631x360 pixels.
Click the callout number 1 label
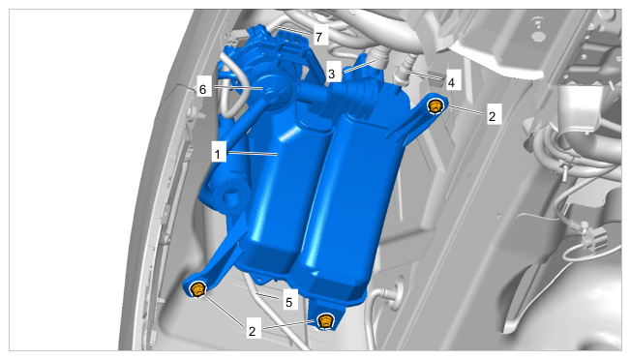pyautogui.click(x=218, y=154)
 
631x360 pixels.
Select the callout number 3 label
pyautogui.click(x=332, y=74)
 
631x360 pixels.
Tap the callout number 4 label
pyautogui.click(x=451, y=82)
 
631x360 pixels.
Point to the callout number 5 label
pyautogui.click(x=289, y=302)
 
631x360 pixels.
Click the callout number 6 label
pyautogui.click(x=203, y=89)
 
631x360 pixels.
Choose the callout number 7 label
pyautogui.click(x=319, y=37)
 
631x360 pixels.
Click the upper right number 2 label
pyautogui.click(x=492, y=116)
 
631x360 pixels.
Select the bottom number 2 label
pyautogui.click(x=252, y=331)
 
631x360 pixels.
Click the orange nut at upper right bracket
pyautogui.click(x=435, y=106)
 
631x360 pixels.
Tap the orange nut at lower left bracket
pyautogui.click(x=198, y=289)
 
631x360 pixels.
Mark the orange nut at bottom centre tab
pyautogui.click(x=325, y=321)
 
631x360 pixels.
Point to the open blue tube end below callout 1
pyautogui.click(x=231, y=196)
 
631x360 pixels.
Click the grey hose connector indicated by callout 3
pyautogui.click(x=377, y=56)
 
